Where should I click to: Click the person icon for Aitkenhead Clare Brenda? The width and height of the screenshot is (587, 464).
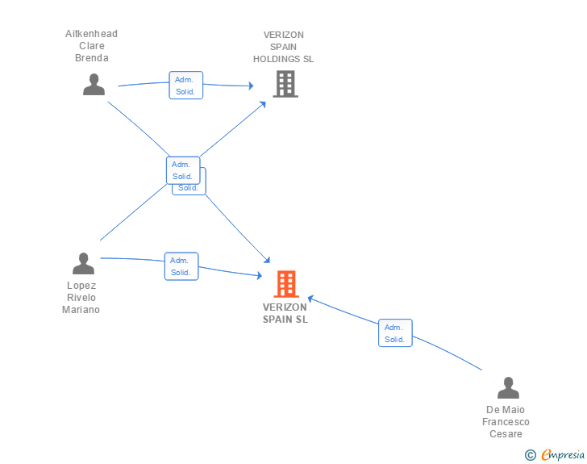[x=94, y=84]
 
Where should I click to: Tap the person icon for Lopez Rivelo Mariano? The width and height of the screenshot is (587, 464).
[x=83, y=263]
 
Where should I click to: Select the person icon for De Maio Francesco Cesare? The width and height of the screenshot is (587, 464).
[x=508, y=388]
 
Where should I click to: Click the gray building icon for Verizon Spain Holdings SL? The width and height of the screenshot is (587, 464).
[x=285, y=84]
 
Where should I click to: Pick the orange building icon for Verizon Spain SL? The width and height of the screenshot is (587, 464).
[x=285, y=283]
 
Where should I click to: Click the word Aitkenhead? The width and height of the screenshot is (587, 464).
[x=91, y=34]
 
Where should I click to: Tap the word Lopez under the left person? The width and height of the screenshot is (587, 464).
[x=81, y=286]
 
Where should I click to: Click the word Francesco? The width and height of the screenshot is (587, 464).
[x=506, y=422]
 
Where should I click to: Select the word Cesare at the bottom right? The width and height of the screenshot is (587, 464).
[x=506, y=434]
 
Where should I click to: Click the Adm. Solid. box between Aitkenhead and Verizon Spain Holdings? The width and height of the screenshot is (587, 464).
[x=185, y=86]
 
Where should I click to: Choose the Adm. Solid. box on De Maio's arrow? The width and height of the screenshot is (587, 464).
[x=394, y=333]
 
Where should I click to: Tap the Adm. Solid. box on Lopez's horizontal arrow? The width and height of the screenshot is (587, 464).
[x=181, y=266]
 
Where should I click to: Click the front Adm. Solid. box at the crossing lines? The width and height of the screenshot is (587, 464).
[x=182, y=170]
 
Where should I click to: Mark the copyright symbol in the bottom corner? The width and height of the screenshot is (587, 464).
[x=530, y=455]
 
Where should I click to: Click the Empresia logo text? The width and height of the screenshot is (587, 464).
[x=563, y=455]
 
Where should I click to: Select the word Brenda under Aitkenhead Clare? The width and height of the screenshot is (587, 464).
[x=91, y=58]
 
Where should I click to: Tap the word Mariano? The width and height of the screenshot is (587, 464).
[x=81, y=310]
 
